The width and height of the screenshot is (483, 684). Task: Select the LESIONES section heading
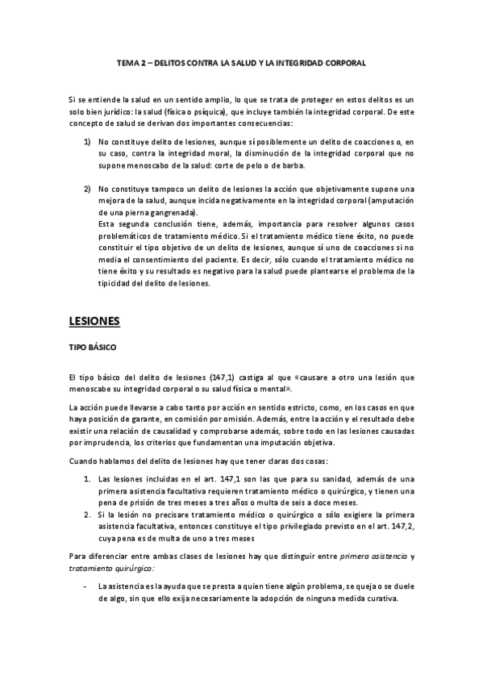[x=94, y=321]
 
